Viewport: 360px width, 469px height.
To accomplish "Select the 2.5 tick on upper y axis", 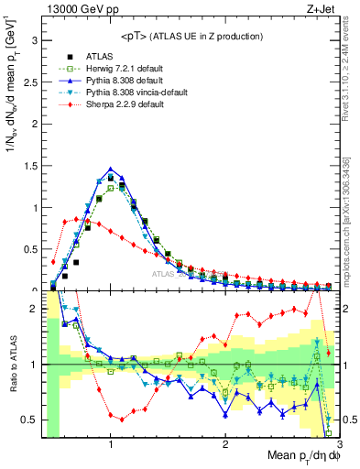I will click(31, 82).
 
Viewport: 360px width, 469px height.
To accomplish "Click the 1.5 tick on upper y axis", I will click(31, 166).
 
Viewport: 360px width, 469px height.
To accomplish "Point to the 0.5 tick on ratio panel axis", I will click(31, 420).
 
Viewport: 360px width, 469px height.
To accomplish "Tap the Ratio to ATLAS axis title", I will click(12, 365).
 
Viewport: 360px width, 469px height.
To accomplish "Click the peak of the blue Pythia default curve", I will click(111, 169).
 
